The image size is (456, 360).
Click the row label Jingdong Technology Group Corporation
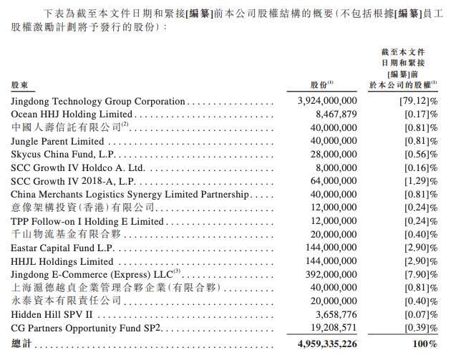[x=98, y=102]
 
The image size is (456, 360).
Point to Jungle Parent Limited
[x=57, y=141]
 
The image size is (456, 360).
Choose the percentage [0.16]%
[x=419, y=167]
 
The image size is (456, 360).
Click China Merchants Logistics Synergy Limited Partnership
[x=130, y=194]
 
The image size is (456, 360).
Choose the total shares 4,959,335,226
[x=326, y=344]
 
